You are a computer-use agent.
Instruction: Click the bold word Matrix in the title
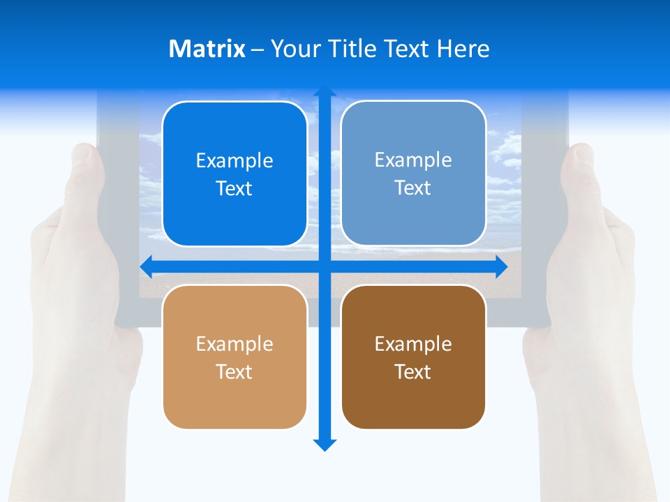pos(207,49)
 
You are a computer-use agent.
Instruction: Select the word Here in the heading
pos(463,49)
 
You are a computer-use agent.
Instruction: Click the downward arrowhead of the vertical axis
pos(325,444)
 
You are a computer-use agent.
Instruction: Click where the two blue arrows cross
pos(325,266)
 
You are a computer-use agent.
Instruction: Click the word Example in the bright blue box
pos(234,160)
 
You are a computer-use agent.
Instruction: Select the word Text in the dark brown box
pos(413,372)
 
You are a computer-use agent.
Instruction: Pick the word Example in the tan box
pos(234,344)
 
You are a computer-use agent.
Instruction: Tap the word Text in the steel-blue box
pos(413,188)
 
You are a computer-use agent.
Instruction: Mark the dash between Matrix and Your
pos(258,50)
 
